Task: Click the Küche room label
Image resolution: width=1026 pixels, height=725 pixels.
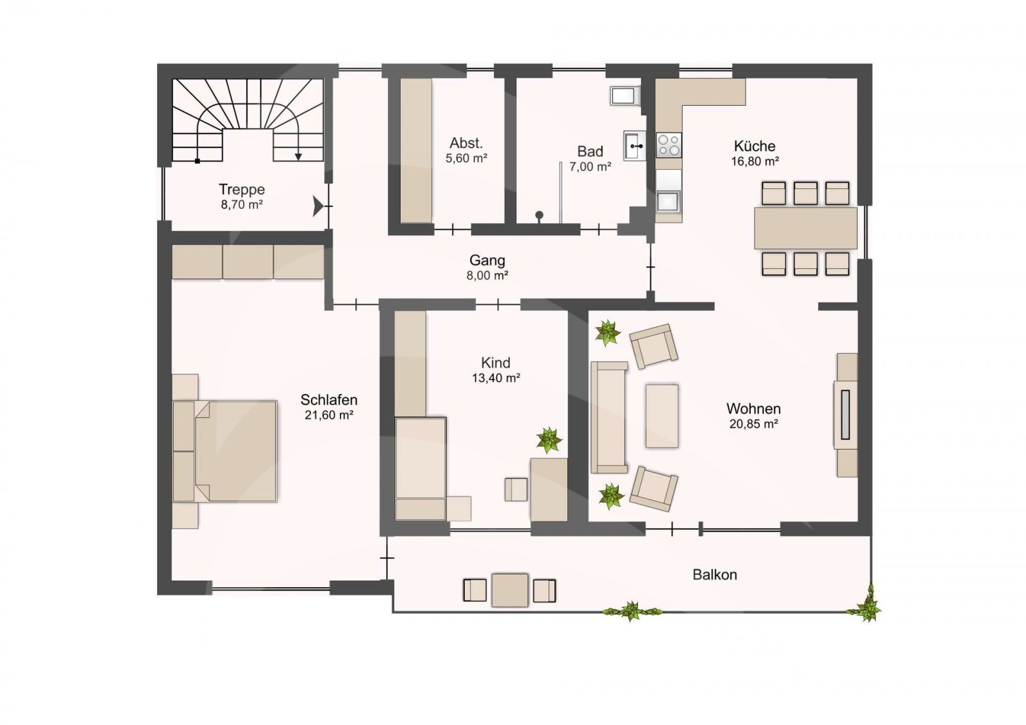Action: (754, 146)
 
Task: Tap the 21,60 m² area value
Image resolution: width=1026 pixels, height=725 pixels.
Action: (329, 415)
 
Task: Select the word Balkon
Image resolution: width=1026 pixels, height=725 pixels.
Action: (714, 575)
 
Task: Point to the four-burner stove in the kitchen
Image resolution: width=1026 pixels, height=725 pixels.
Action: (669, 145)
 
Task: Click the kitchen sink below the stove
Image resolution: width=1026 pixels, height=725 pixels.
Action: (669, 202)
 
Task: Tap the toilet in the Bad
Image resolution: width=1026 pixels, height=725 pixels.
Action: (625, 96)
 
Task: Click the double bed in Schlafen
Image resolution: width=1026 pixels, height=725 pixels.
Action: (225, 451)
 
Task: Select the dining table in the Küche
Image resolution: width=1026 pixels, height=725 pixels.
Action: (805, 228)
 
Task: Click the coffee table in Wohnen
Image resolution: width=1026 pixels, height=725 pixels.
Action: (662, 416)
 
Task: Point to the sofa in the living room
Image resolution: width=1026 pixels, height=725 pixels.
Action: (609, 417)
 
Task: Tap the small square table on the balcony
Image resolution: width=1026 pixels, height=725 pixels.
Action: (510, 590)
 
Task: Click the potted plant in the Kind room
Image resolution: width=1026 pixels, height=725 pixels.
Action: (549, 440)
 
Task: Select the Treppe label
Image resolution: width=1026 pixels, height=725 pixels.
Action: (241, 189)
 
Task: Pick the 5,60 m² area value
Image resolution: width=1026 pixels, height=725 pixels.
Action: (466, 158)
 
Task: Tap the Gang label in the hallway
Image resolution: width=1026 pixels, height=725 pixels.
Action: (487, 260)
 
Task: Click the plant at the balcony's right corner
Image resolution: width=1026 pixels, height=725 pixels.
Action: (865, 604)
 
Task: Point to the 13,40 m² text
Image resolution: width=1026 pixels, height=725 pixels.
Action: (496, 378)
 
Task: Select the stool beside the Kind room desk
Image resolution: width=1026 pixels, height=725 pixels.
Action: (516, 490)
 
